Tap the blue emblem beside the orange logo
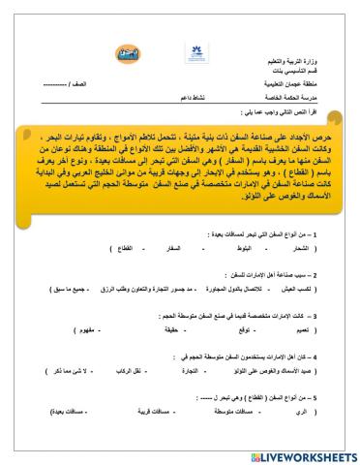(x=184, y=55)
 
